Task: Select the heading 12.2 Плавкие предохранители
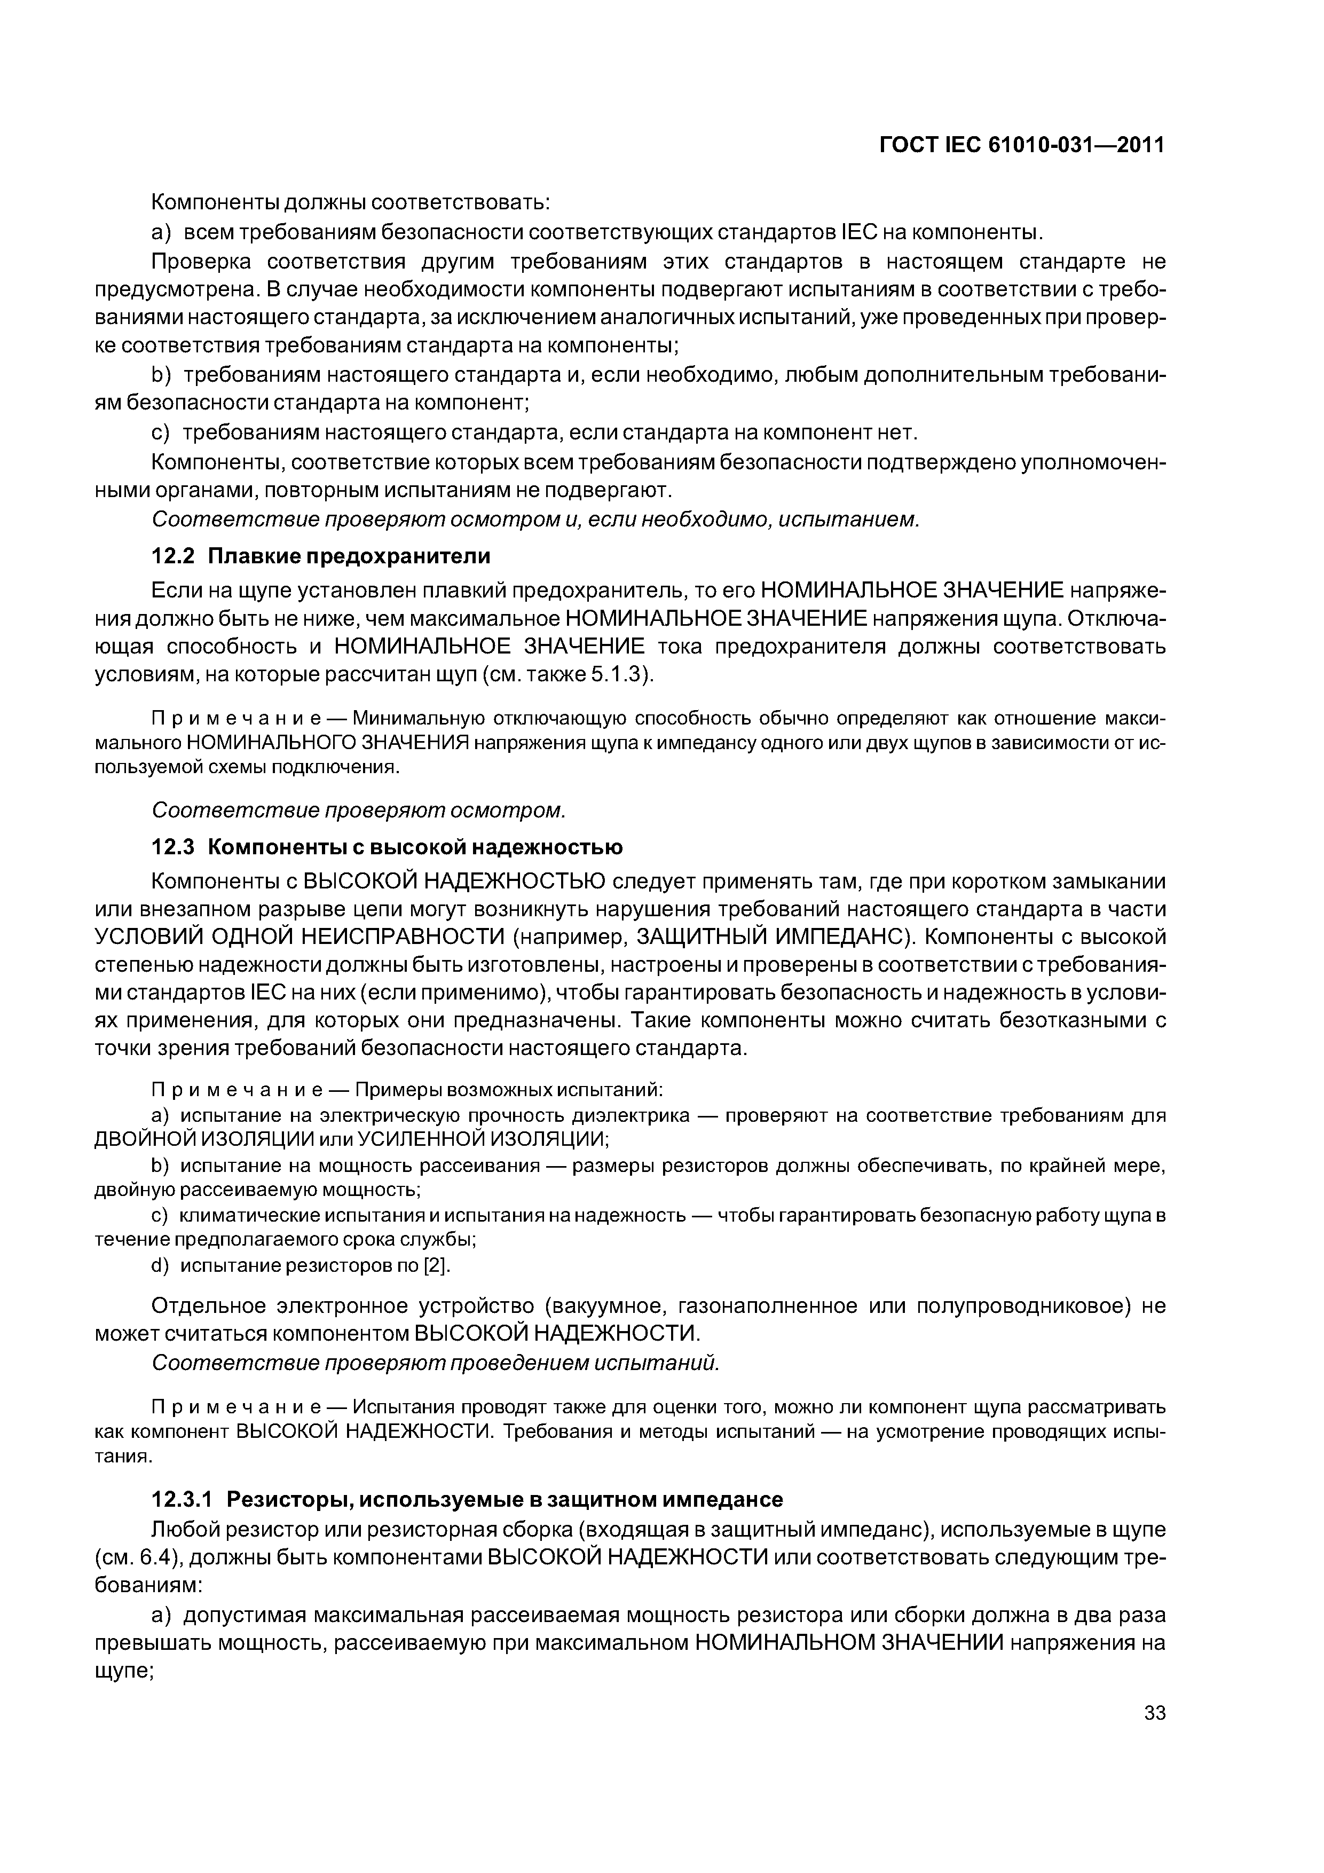click(321, 556)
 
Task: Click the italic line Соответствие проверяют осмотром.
click(359, 811)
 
